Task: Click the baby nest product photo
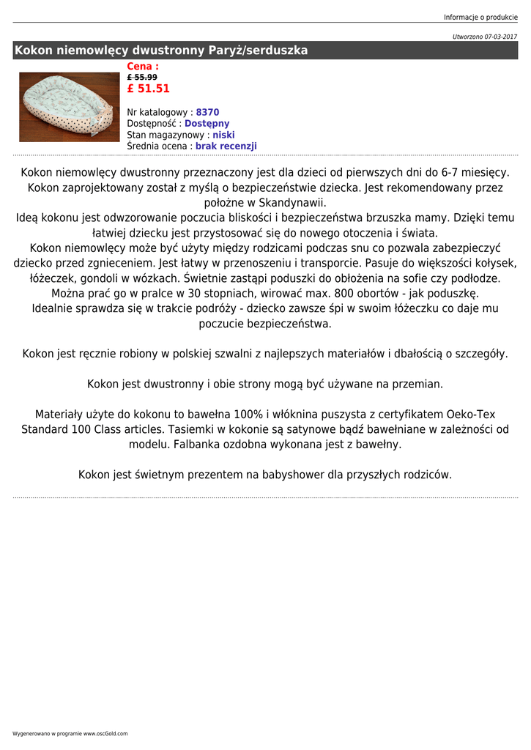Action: pyautogui.click(x=69, y=107)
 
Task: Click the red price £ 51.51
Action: pyautogui.click(x=148, y=89)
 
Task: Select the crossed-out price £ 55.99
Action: pyautogui.click(x=142, y=77)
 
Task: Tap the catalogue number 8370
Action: pyautogui.click(x=207, y=113)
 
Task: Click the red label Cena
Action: pyautogui.click(x=143, y=67)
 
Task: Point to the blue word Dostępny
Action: pyautogui.click(x=207, y=124)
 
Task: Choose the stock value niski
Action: pyautogui.click(x=223, y=135)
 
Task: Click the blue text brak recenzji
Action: pyautogui.click(x=226, y=146)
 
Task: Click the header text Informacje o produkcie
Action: pyautogui.click(x=480, y=18)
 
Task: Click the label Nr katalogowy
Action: pyautogui.click(x=158, y=113)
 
